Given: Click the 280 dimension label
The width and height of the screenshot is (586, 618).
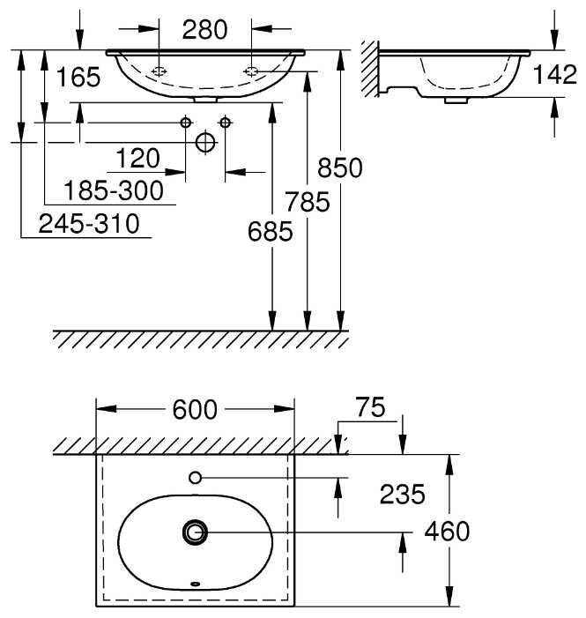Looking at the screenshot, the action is click(x=204, y=30).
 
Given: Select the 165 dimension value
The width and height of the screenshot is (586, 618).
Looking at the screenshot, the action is click(x=78, y=77).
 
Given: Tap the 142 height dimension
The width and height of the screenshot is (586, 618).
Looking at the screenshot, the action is click(x=554, y=74).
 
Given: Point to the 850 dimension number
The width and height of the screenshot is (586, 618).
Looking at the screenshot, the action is click(x=339, y=168).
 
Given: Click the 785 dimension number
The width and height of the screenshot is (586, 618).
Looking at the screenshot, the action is click(x=308, y=202).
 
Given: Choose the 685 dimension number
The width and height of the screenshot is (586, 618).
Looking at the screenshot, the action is click(x=270, y=231).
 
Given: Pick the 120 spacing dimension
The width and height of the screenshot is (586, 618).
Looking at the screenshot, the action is click(x=138, y=159).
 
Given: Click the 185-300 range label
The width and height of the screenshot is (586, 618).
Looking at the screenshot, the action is click(x=114, y=190).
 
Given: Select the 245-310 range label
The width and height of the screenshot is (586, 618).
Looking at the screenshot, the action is click(x=89, y=224).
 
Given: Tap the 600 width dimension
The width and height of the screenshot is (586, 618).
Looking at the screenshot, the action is click(x=195, y=410).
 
